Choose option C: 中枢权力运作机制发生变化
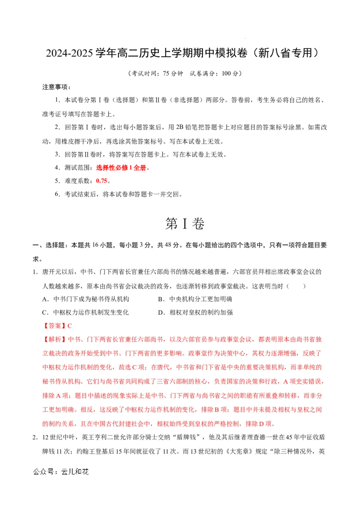(86, 312)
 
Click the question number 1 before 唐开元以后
(34, 272)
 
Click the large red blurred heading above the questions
(121, 168)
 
